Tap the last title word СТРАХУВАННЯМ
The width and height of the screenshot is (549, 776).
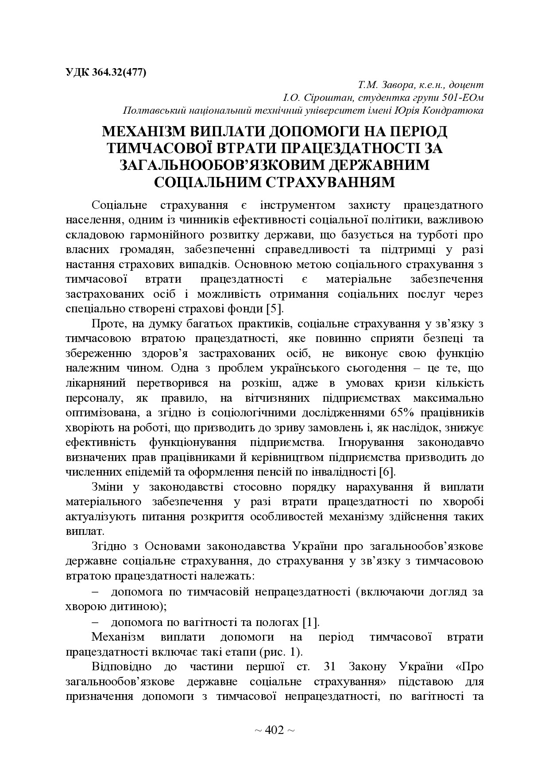pyautogui.click(x=325, y=182)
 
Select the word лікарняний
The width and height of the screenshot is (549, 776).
pyautogui.click(x=96, y=383)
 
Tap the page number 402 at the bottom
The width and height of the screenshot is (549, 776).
pyautogui.click(x=274, y=731)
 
